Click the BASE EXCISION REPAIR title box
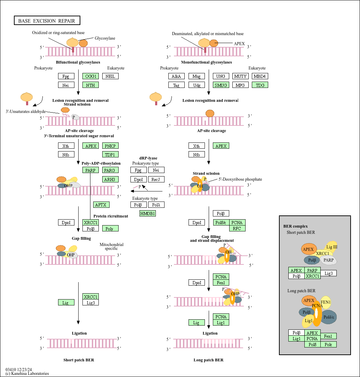tap(47, 21)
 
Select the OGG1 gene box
tap(90, 76)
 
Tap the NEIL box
tap(111, 76)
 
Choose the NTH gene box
tap(90, 85)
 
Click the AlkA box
tap(177, 76)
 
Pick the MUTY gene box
tap(240, 76)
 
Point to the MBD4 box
tap(260, 76)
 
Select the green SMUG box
tap(221, 85)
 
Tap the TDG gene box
tap(260, 85)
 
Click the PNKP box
tap(111, 146)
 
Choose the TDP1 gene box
tap(111, 154)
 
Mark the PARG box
tap(111, 170)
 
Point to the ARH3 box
tap(111, 179)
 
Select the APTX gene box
tap(102, 205)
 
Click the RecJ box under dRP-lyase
tap(156, 179)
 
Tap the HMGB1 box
tap(147, 213)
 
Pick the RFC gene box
tap(237, 228)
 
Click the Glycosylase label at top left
tap(105, 38)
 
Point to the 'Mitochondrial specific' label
tap(111, 246)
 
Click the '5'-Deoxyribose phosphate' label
tap(240, 179)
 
